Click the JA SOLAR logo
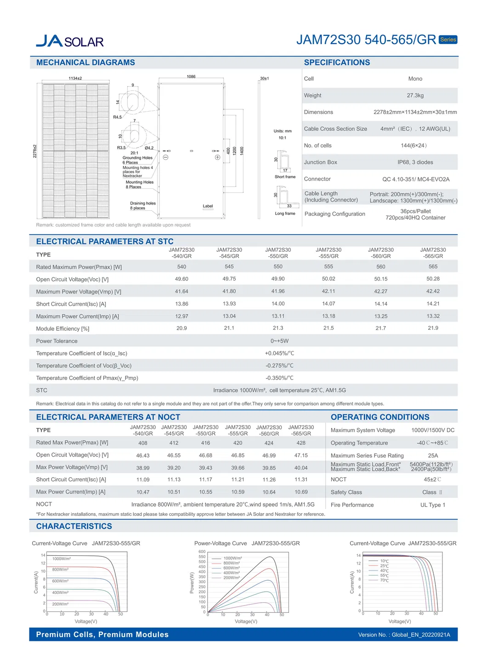[70, 41]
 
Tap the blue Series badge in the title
[448, 40]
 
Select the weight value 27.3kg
[415, 96]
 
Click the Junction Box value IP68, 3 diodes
[415, 162]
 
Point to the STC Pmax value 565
[433, 266]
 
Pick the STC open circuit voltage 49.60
[181, 279]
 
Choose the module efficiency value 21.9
[433, 328]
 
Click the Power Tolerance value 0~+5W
[279, 341]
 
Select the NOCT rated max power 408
[143, 443]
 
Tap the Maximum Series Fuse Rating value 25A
[433, 455]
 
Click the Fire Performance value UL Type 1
[433, 505]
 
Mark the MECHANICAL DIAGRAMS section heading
[85, 62]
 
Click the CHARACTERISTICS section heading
[74, 526]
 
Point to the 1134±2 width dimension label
[75, 78]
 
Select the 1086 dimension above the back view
[191, 77]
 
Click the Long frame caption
[285, 213]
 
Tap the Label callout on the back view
[208, 206]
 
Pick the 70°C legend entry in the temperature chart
[384, 581]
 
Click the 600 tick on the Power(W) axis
[202, 552]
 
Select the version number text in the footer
[404, 635]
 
